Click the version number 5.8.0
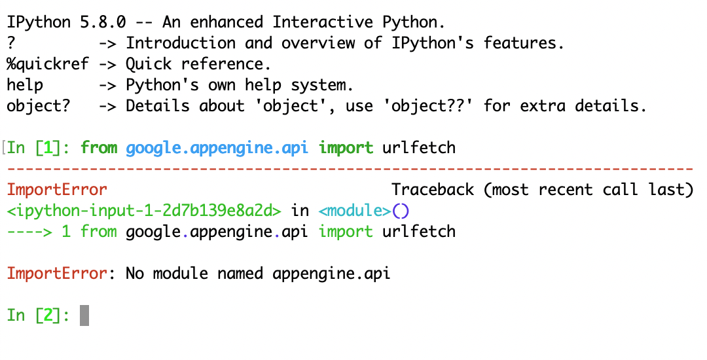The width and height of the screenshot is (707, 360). coord(117,22)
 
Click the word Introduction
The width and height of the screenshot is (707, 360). coord(180,43)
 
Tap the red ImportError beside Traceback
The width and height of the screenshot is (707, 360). coord(57,190)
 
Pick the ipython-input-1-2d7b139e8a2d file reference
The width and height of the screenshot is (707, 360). coord(144,211)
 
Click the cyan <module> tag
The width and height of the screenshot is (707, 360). coord(354,211)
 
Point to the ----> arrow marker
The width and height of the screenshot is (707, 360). coord(29,232)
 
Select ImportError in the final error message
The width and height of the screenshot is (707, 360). coord(57,274)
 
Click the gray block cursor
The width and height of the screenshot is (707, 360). coord(84,315)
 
